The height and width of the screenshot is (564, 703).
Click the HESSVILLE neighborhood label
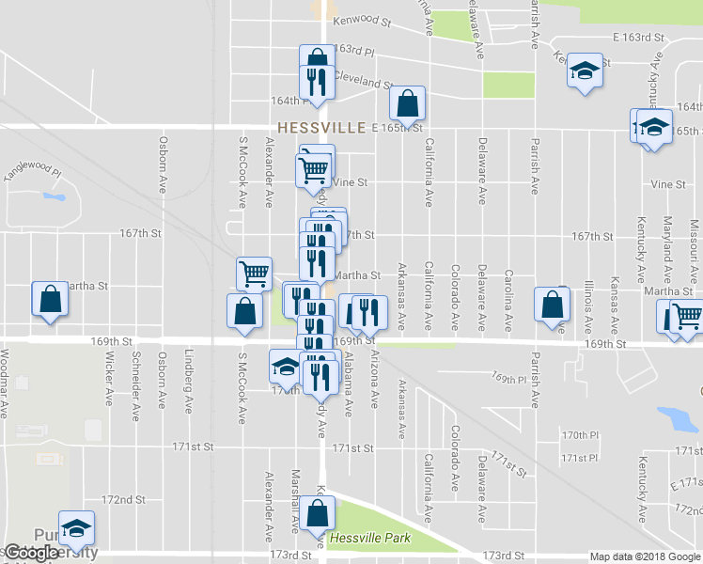click(x=320, y=127)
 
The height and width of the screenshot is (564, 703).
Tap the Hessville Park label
click(x=371, y=540)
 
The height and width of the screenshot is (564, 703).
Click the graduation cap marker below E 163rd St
click(x=585, y=71)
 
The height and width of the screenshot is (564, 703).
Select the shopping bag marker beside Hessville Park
click(x=319, y=513)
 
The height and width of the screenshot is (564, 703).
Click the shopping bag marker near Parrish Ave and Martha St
click(x=551, y=305)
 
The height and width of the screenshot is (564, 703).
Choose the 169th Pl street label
click(x=508, y=376)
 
